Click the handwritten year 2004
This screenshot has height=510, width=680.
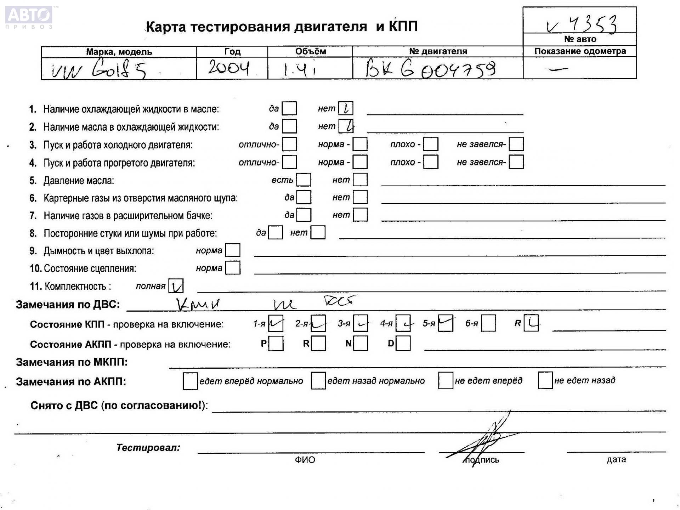229,68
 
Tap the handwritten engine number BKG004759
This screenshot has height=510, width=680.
430,69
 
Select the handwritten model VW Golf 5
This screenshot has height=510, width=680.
99,70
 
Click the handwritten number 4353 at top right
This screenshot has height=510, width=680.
583,24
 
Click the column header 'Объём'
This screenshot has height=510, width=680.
310,52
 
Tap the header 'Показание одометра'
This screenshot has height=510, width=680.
580,51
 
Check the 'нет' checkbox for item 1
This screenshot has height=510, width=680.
346,108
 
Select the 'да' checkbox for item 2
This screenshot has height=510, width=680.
289,126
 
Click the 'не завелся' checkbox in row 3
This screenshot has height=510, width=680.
516,144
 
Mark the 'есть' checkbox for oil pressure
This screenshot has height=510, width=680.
304,180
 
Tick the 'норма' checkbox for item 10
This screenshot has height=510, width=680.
233,268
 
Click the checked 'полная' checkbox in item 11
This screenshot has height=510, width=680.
176,286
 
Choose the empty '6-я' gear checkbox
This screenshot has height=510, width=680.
488,323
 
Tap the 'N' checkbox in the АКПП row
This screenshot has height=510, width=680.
361,343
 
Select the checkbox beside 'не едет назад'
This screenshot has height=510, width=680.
545,380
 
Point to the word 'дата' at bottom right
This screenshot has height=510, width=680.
616,460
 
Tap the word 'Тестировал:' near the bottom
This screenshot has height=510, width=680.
148,448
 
